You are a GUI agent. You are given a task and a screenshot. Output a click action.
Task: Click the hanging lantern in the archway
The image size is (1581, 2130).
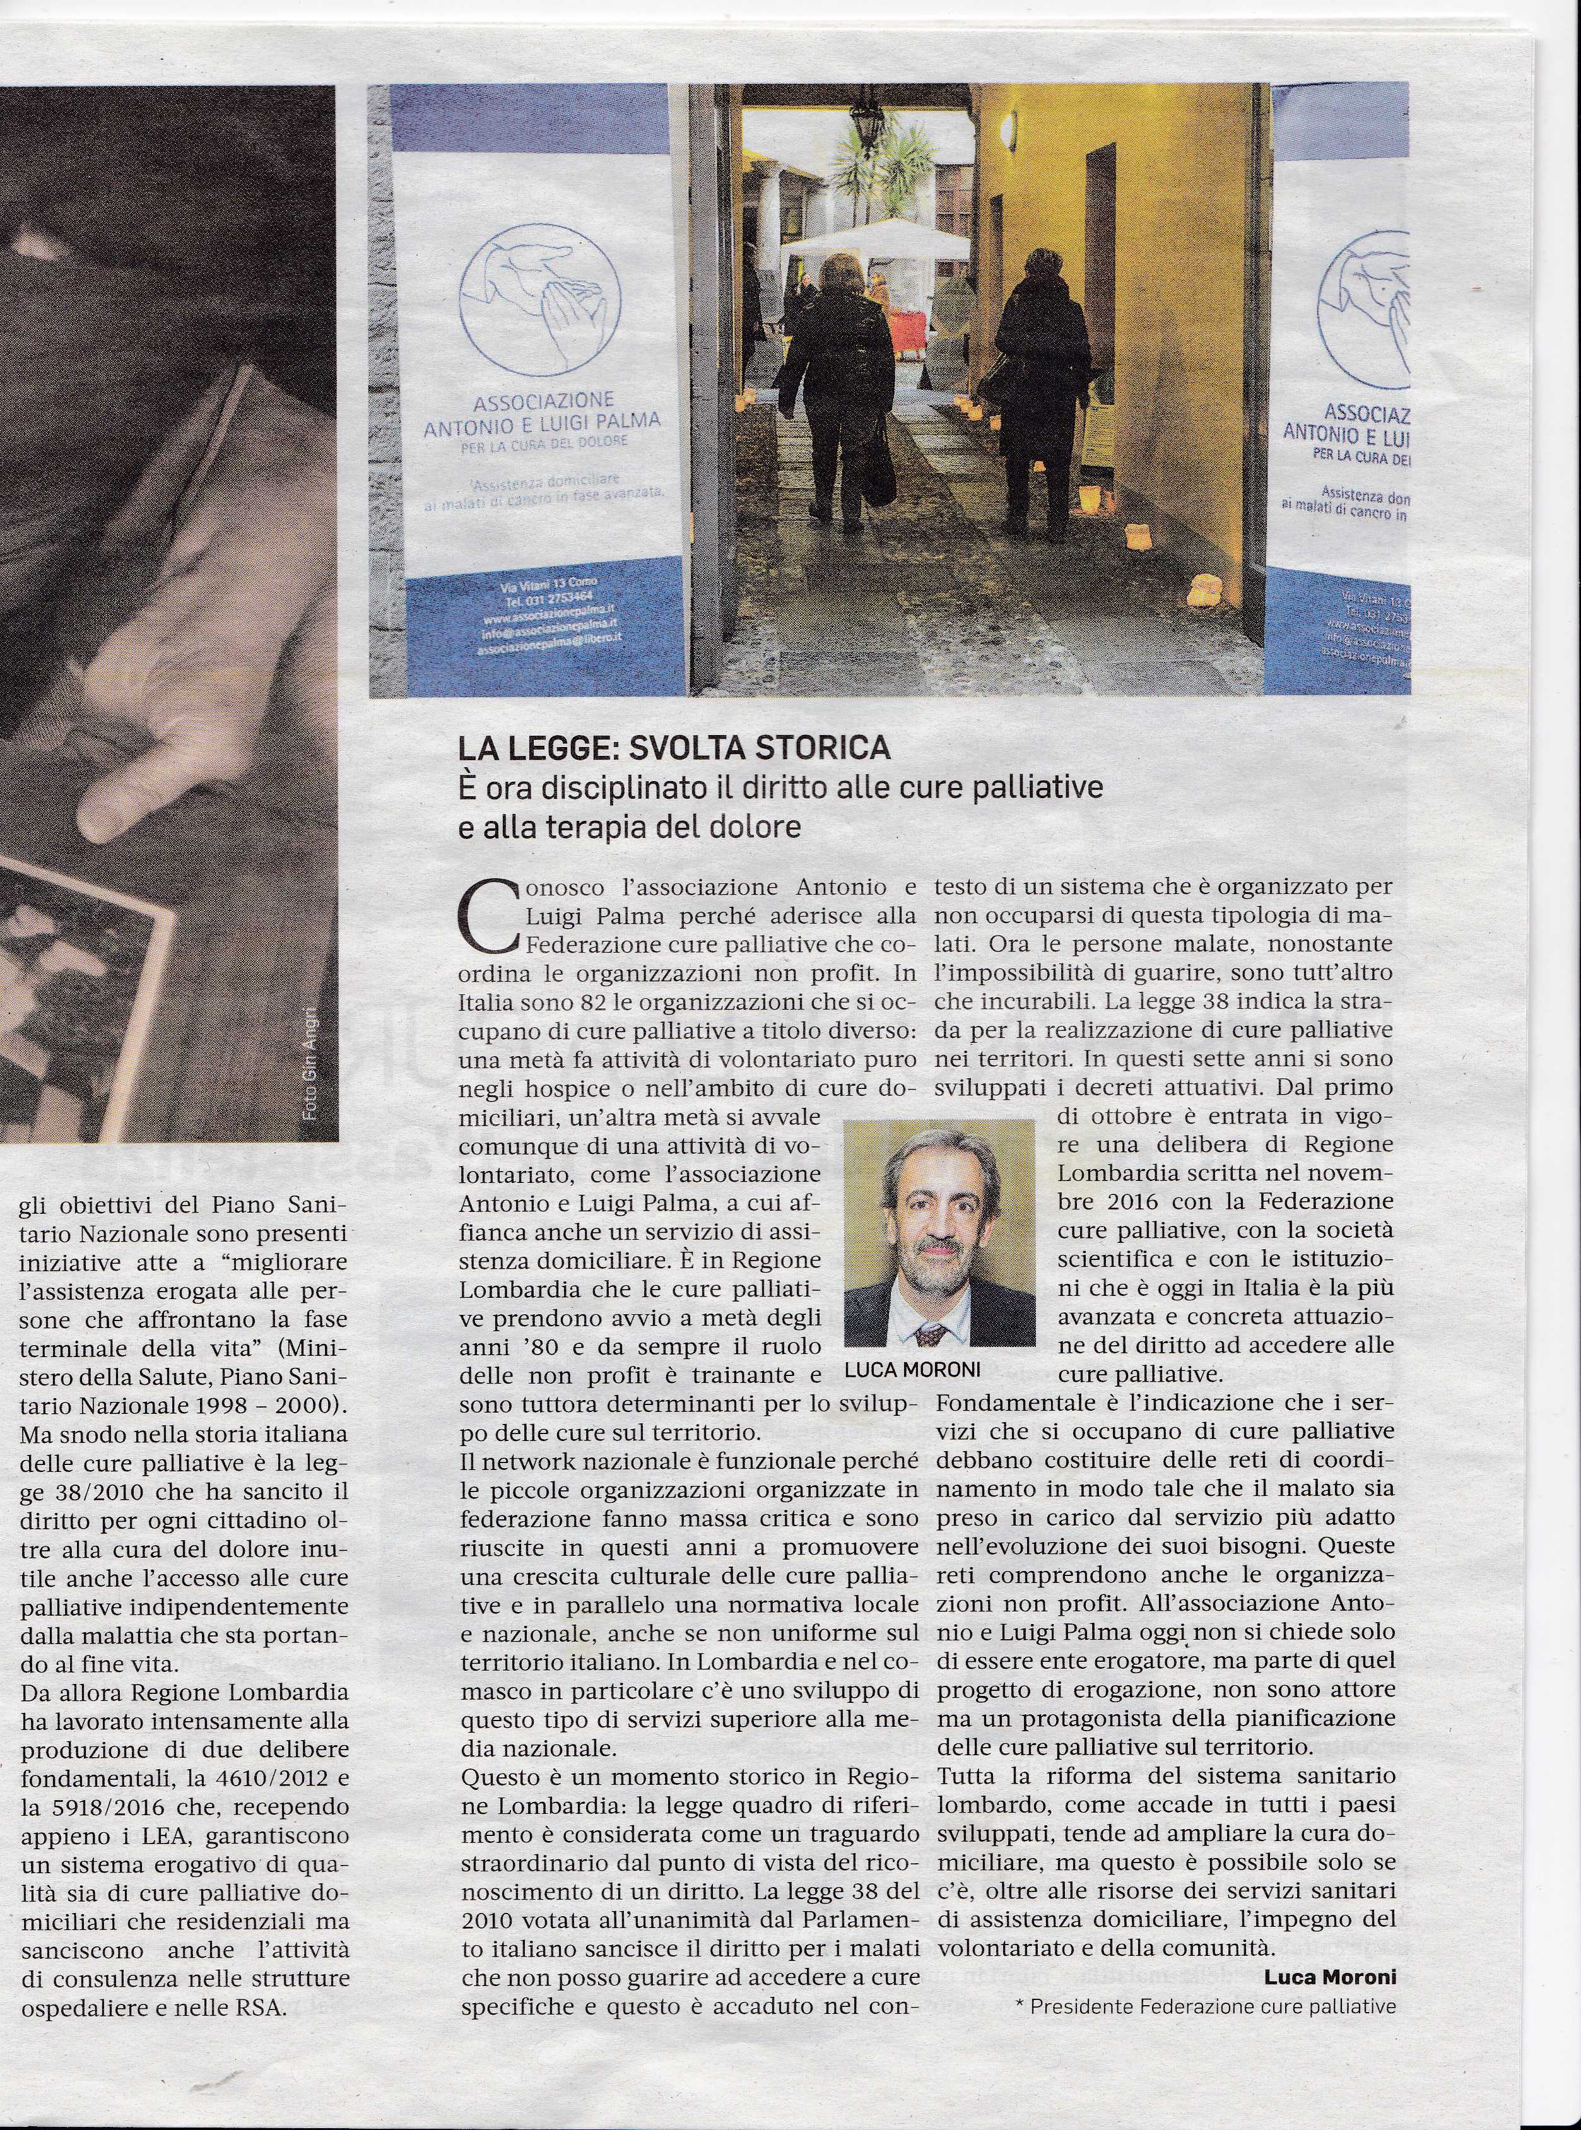tap(867, 120)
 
